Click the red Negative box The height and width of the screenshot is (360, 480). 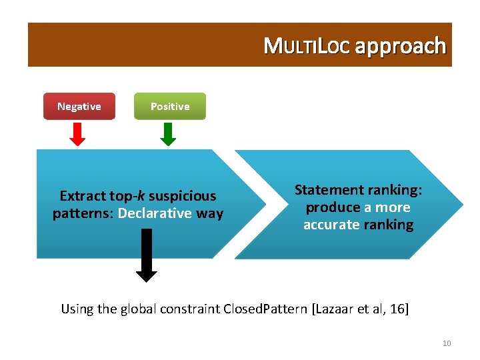(x=79, y=106)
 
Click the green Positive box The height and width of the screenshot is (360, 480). (x=169, y=106)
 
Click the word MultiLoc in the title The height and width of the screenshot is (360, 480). (x=307, y=47)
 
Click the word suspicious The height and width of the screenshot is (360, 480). (x=182, y=196)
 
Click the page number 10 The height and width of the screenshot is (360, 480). (x=446, y=343)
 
